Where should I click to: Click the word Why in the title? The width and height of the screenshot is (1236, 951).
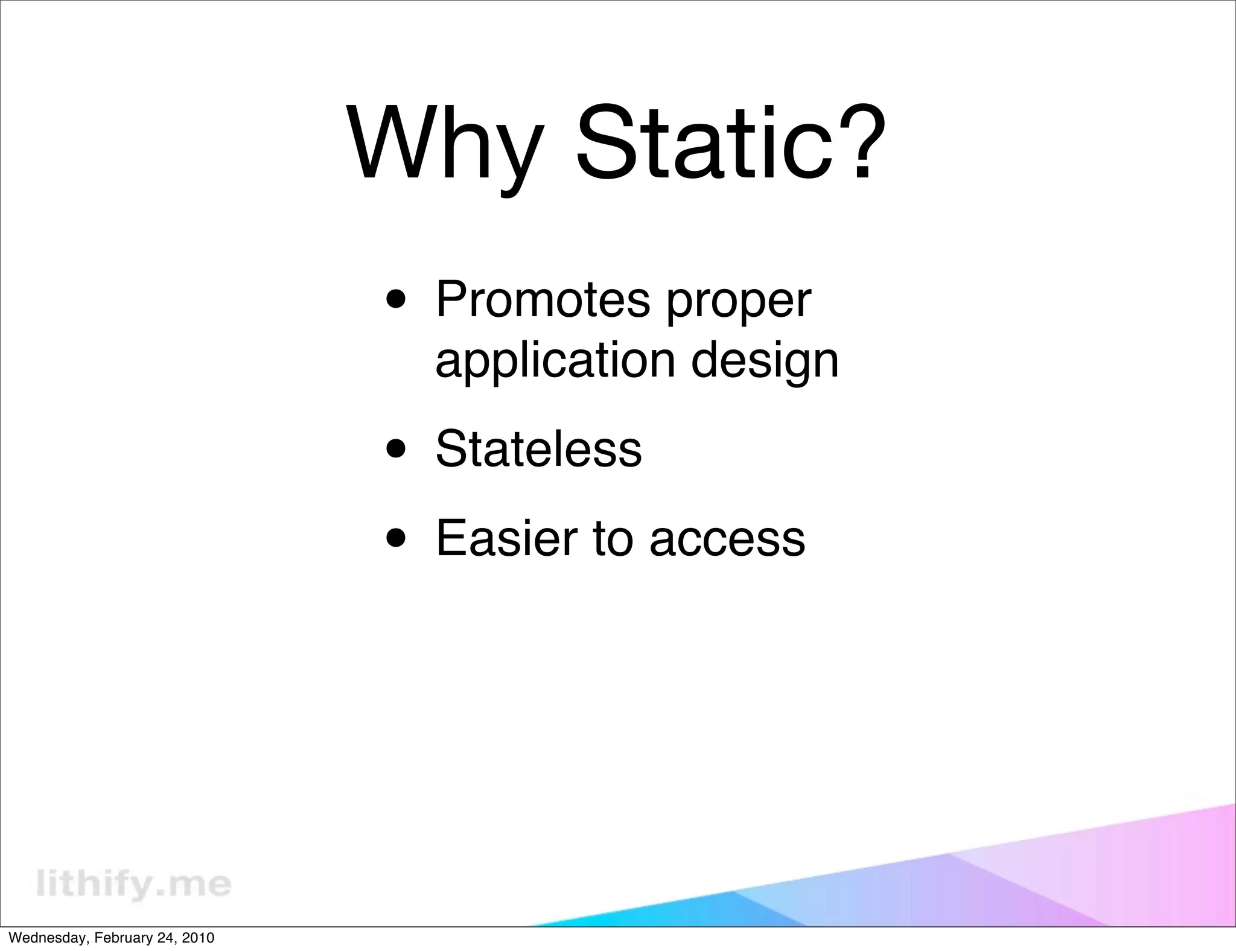[x=443, y=145]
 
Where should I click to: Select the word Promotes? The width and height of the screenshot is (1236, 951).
[x=543, y=300]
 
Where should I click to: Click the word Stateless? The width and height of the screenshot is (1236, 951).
[x=538, y=449]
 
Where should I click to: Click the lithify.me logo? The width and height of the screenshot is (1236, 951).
[x=133, y=885]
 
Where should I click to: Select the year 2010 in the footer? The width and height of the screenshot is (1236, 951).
[x=198, y=938]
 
